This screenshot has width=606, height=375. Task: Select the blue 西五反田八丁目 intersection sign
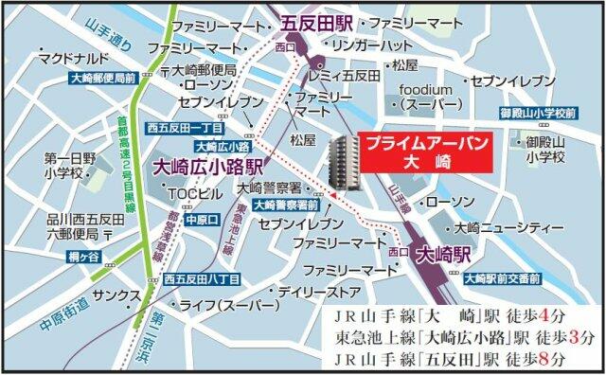201,277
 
